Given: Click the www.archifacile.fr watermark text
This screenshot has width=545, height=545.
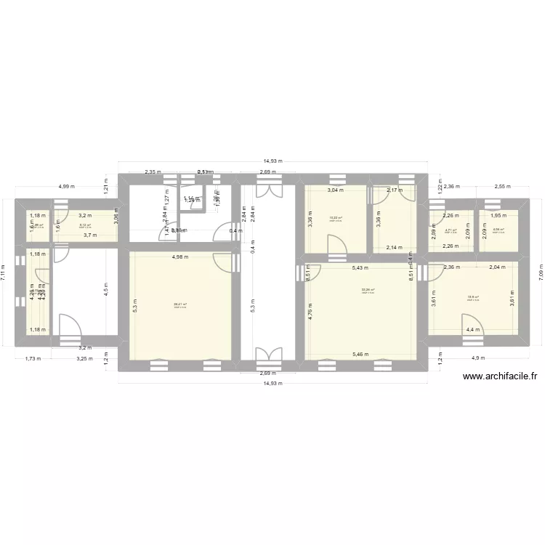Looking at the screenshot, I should [500, 376].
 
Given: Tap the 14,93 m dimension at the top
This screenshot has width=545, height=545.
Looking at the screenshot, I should [273, 162].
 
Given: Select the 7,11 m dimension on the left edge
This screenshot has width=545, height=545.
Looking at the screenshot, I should [5, 272].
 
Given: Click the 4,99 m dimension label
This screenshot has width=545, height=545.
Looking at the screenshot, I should [67, 187].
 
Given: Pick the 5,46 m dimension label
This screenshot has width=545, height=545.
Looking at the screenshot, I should [360, 355].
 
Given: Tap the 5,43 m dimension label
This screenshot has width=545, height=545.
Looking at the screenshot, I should [360, 268].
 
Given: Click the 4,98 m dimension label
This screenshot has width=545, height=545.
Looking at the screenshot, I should [180, 257].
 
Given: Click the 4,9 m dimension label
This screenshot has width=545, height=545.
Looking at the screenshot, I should [478, 358].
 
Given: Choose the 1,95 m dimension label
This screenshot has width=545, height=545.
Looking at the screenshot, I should [498, 215].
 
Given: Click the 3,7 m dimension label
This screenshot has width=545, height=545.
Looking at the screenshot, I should [89, 235].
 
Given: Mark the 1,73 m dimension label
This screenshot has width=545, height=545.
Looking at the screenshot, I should [32, 358].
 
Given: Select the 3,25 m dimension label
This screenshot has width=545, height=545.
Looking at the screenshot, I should [86, 358].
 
